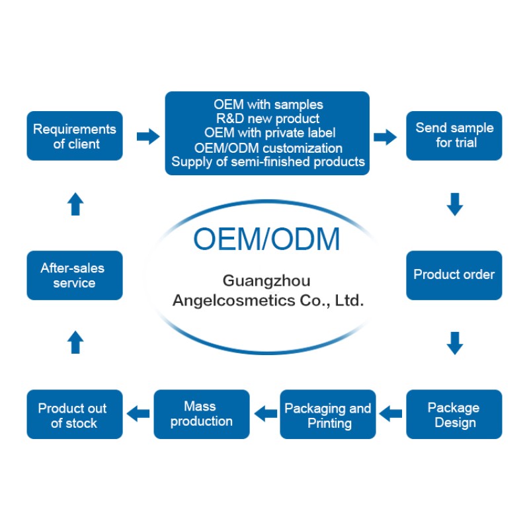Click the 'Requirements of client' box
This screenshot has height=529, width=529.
tap(75, 136)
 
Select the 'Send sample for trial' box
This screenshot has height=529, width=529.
tap(454, 136)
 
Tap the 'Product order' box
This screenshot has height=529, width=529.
tap(454, 274)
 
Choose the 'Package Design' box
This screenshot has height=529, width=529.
tap(454, 415)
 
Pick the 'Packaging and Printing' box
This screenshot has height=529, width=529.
tap(328, 415)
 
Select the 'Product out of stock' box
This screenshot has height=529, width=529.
tap(75, 415)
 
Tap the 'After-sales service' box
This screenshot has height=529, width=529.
tap(75, 275)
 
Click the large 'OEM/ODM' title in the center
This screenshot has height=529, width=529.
tap(266, 239)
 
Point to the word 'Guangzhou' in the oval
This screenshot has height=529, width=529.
tap(266, 280)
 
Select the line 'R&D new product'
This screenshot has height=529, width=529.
tap(267, 119)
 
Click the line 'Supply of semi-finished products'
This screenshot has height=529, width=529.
tap(267, 161)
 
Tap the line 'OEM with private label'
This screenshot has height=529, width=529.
tap(267, 133)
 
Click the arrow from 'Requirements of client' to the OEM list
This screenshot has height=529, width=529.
tap(147, 137)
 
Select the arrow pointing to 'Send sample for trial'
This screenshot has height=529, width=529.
tap(385, 137)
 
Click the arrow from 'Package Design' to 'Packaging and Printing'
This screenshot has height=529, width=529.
tap(391, 414)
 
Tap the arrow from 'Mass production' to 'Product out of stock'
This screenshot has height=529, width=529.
tap(138, 414)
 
